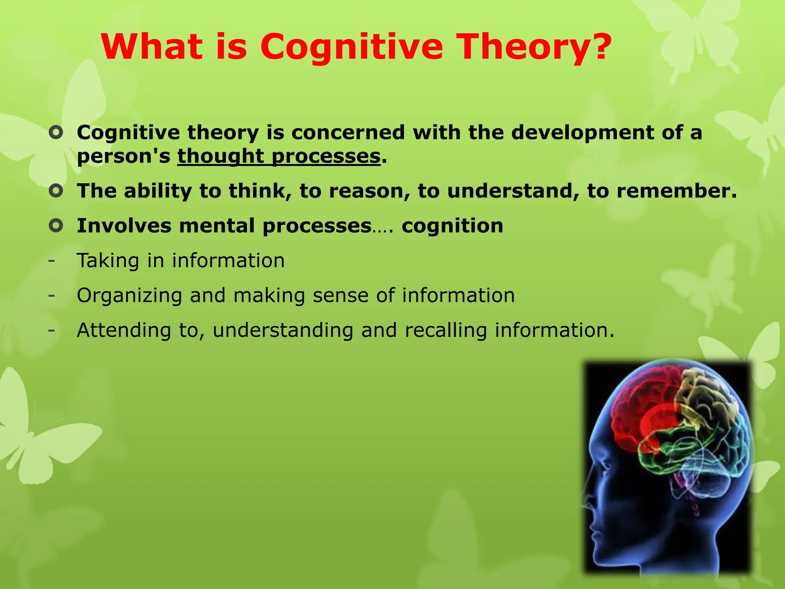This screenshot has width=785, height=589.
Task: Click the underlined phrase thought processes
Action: [x=279, y=156]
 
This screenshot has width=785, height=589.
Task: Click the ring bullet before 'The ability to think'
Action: [x=56, y=191]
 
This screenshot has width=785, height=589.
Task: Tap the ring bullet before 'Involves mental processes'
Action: [x=56, y=225]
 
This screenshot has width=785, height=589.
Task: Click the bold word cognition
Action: [x=452, y=225]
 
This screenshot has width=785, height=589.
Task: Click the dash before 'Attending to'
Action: [x=51, y=330]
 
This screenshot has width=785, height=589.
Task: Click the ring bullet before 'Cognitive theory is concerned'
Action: [x=56, y=133]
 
